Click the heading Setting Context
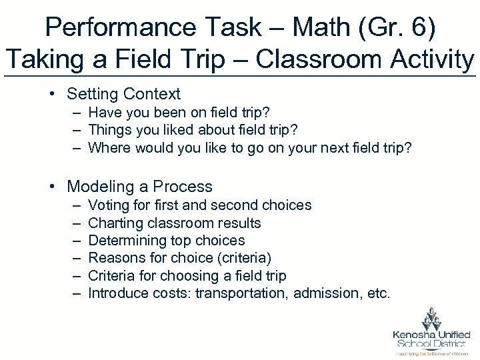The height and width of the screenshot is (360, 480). [124, 94]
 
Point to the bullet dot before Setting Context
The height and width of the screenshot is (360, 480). [52, 94]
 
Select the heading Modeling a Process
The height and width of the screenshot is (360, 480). [140, 186]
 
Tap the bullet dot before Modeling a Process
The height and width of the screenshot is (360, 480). [52, 186]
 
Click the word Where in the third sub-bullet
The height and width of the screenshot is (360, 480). [108, 147]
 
